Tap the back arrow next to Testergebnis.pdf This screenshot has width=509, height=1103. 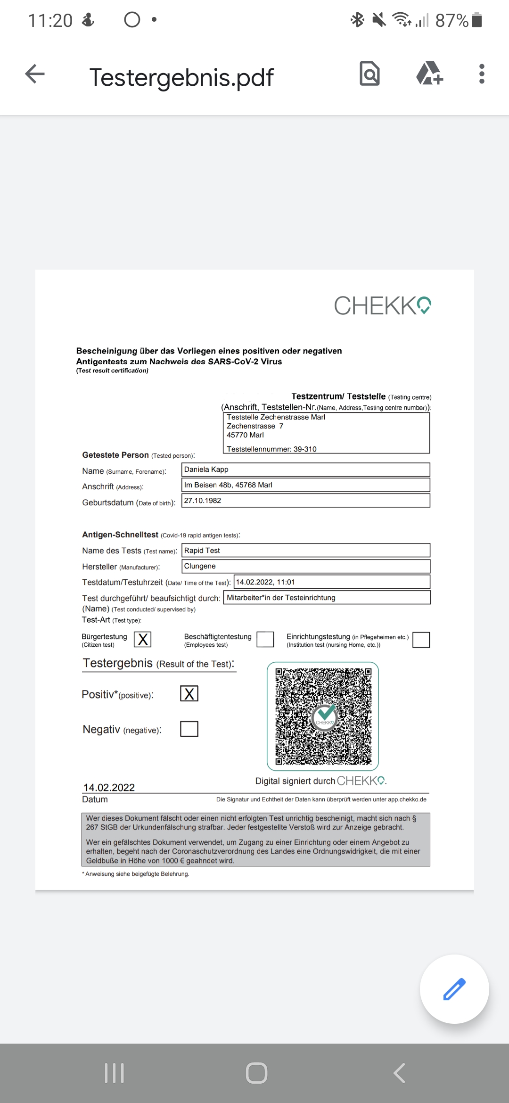pyautogui.click(x=35, y=74)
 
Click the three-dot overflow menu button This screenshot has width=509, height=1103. pyautogui.click(x=481, y=74)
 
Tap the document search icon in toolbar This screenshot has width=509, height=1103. pyautogui.click(x=369, y=74)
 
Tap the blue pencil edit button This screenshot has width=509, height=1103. pyautogui.click(x=454, y=989)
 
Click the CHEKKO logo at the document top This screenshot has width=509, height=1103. pyautogui.click(x=382, y=305)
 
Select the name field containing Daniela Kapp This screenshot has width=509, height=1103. pyautogui.click(x=305, y=469)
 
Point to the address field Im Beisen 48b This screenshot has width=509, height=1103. pyautogui.click(x=305, y=485)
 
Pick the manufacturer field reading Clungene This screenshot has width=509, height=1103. pyautogui.click(x=305, y=566)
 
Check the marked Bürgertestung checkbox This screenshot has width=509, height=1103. pyautogui.click(x=142, y=639)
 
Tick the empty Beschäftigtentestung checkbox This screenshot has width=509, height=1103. pyautogui.click(x=265, y=640)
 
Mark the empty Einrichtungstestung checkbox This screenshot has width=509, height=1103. pyautogui.click(x=421, y=640)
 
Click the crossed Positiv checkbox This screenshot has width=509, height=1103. pyautogui.click(x=189, y=693)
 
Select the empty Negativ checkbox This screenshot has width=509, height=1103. pyautogui.click(x=189, y=729)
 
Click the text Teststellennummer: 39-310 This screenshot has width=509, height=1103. pyautogui.click(x=271, y=449)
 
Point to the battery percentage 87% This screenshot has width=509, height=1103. pyautogui.click(x=452, y=20)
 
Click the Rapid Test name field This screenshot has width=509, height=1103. pyautogui.click(x=305, y=551)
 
